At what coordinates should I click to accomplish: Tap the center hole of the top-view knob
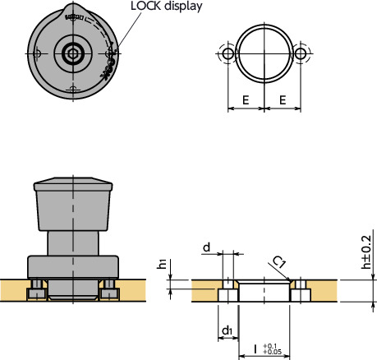click(x=73, y=54)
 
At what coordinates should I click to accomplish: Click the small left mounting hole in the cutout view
click(x=228, y=53)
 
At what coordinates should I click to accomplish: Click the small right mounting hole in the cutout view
click(x=301, y=53)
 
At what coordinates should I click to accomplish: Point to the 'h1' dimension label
click(x=162, y=264)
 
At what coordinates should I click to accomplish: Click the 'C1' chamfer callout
click(x=279, y=262)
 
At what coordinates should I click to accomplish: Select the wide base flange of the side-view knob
click(x=73, y=267)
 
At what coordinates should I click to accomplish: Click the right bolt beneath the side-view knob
click(x=110, y=290)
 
